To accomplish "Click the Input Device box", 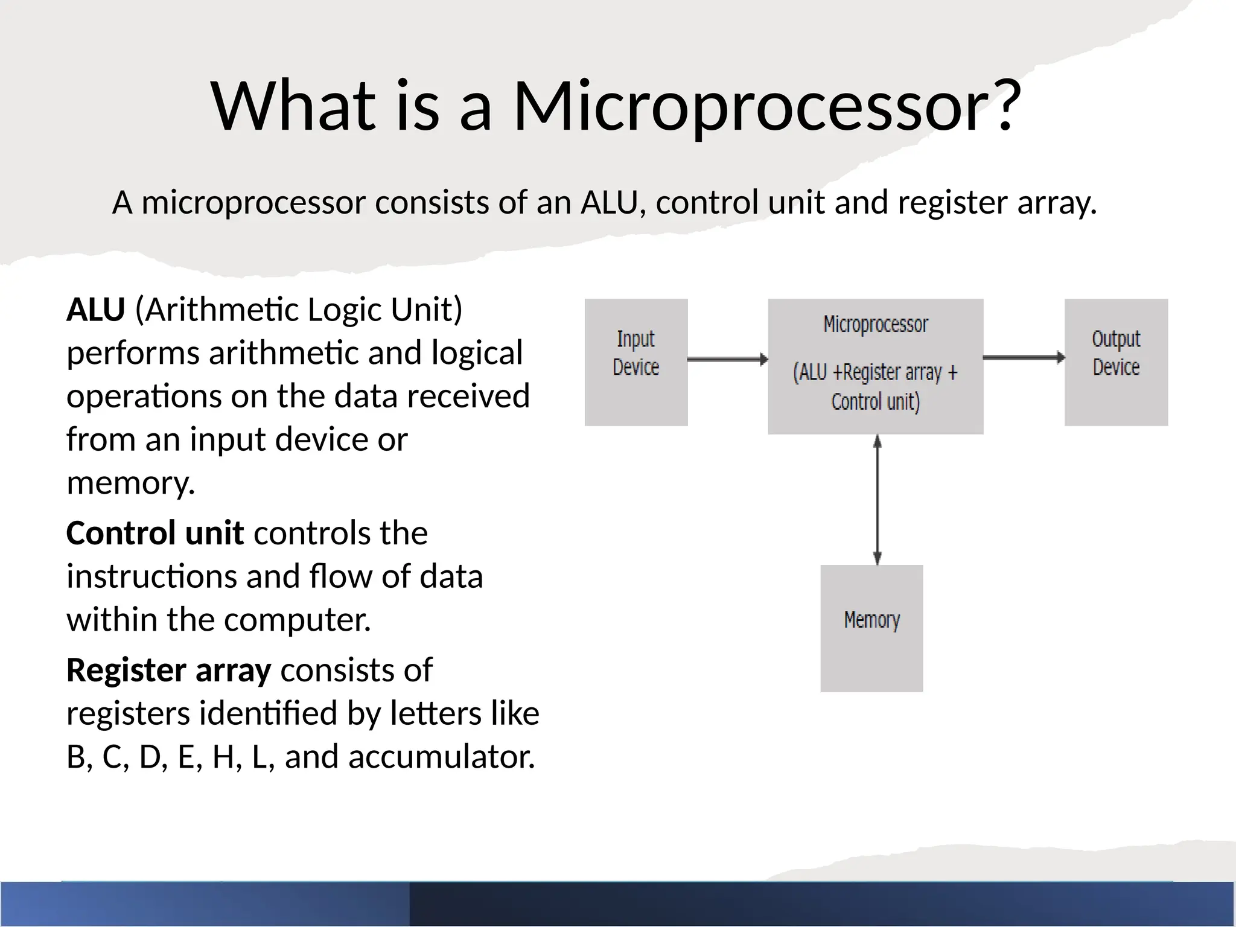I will click(636, 362).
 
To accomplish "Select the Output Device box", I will click(1116, 362).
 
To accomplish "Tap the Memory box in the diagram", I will click(871, 628).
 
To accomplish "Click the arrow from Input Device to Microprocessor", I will click(727, 360).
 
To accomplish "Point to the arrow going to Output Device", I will click(1024, 357).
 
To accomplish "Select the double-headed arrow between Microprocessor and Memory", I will click(878, 500).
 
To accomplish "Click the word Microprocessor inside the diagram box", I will click(876, 325).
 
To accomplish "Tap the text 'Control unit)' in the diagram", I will click(876, 402).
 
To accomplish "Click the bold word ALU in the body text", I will click(95, 310).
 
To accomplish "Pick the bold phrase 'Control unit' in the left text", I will click(154, 533).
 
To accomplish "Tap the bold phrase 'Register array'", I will click(168, 670).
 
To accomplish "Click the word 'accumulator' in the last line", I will click(440, 757).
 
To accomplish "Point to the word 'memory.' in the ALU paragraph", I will click(130, 483).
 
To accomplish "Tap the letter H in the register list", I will click(224, 757).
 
